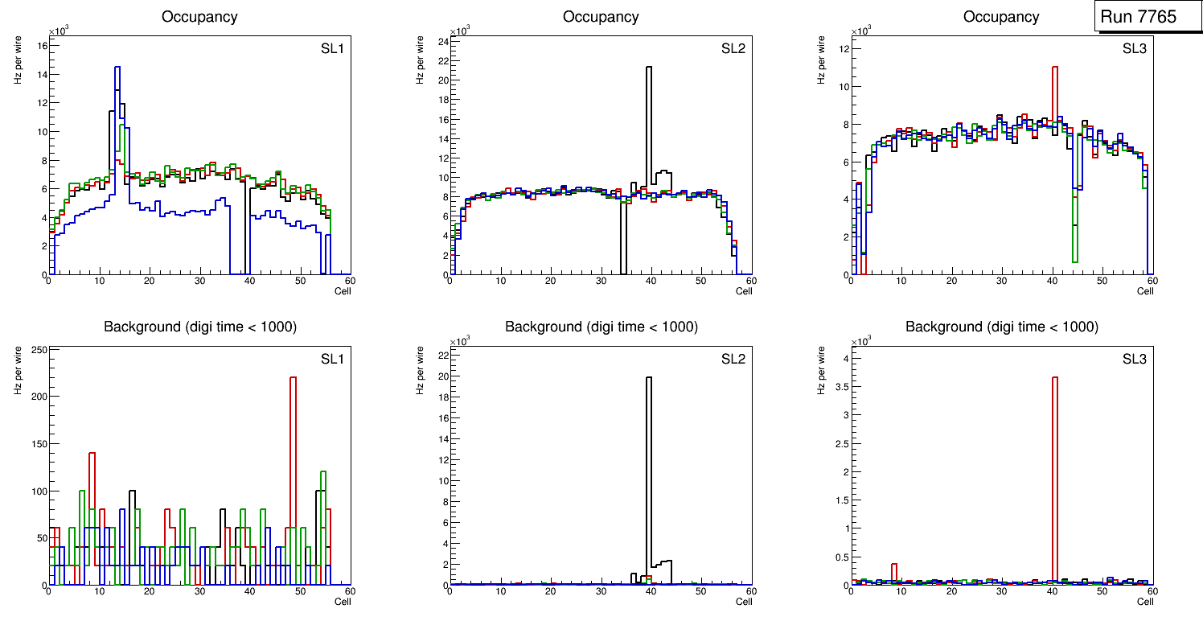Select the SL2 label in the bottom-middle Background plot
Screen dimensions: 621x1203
tap(733, 359)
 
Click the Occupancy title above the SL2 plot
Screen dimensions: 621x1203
tap(601, 17)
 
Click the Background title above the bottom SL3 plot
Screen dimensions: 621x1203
tap(1001, 327)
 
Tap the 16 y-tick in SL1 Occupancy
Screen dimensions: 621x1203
tap(40, 46)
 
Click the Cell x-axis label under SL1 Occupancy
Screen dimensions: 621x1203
tap(343, 291)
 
